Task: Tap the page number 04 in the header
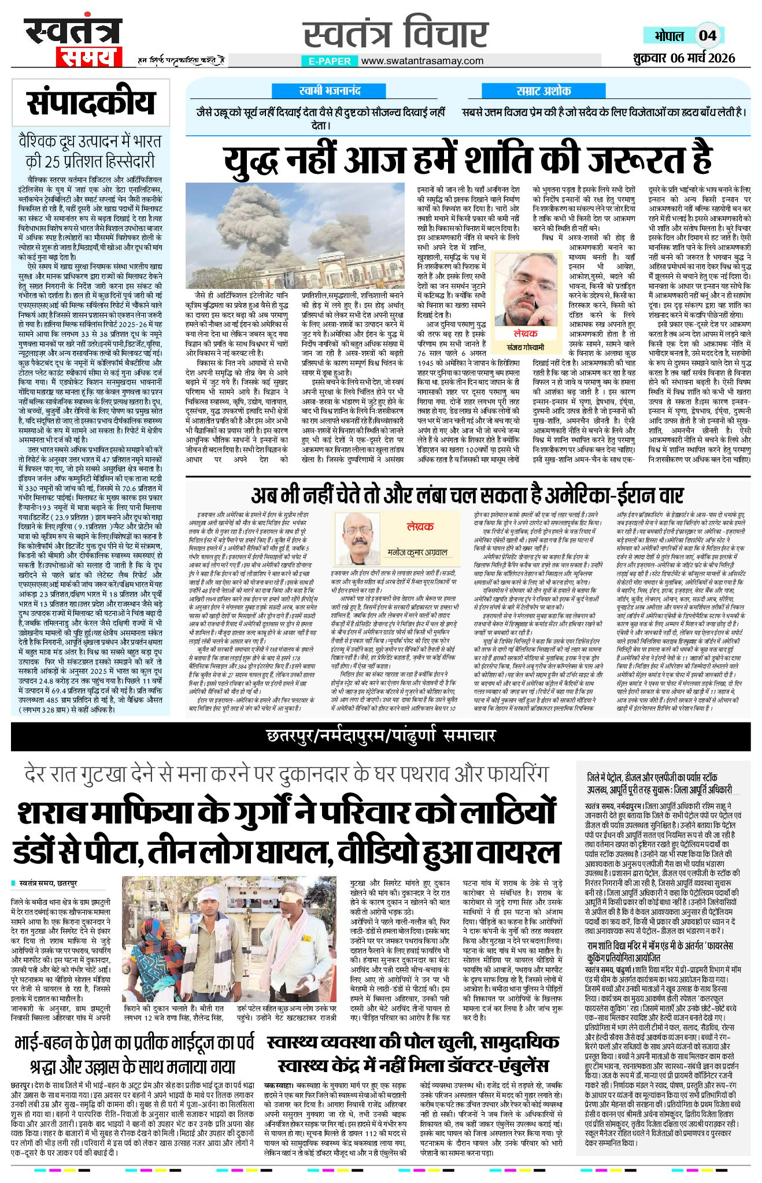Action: [x=708, y=35]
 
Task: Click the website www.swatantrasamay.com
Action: [x=421, y=61]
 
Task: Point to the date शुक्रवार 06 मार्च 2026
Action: [x=683, y=57]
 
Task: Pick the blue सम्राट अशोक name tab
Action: [x=543, y=91]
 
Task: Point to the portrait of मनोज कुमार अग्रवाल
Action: [x=362, y=539]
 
